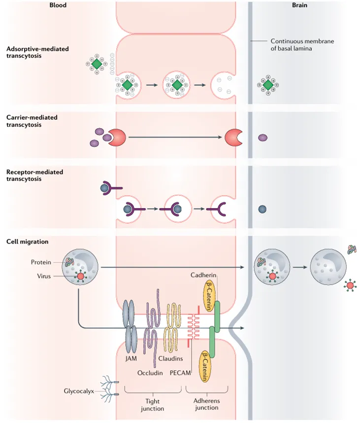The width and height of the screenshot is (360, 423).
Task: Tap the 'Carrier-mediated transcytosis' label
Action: pyautogui.click(x=32, y=121)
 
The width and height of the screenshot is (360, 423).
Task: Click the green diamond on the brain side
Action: pyautogui.click(x=268, y=85)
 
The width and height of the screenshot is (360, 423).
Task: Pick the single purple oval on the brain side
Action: pyautogui.click(x=262, y=138)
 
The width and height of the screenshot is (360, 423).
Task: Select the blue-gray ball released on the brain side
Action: pyautogui.click(x=262, y=209)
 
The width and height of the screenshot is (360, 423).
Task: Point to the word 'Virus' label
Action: pyautogui.click(x=44, y=276)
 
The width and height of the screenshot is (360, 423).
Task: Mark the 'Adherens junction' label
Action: pyautogui.click(x=203, y=405)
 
